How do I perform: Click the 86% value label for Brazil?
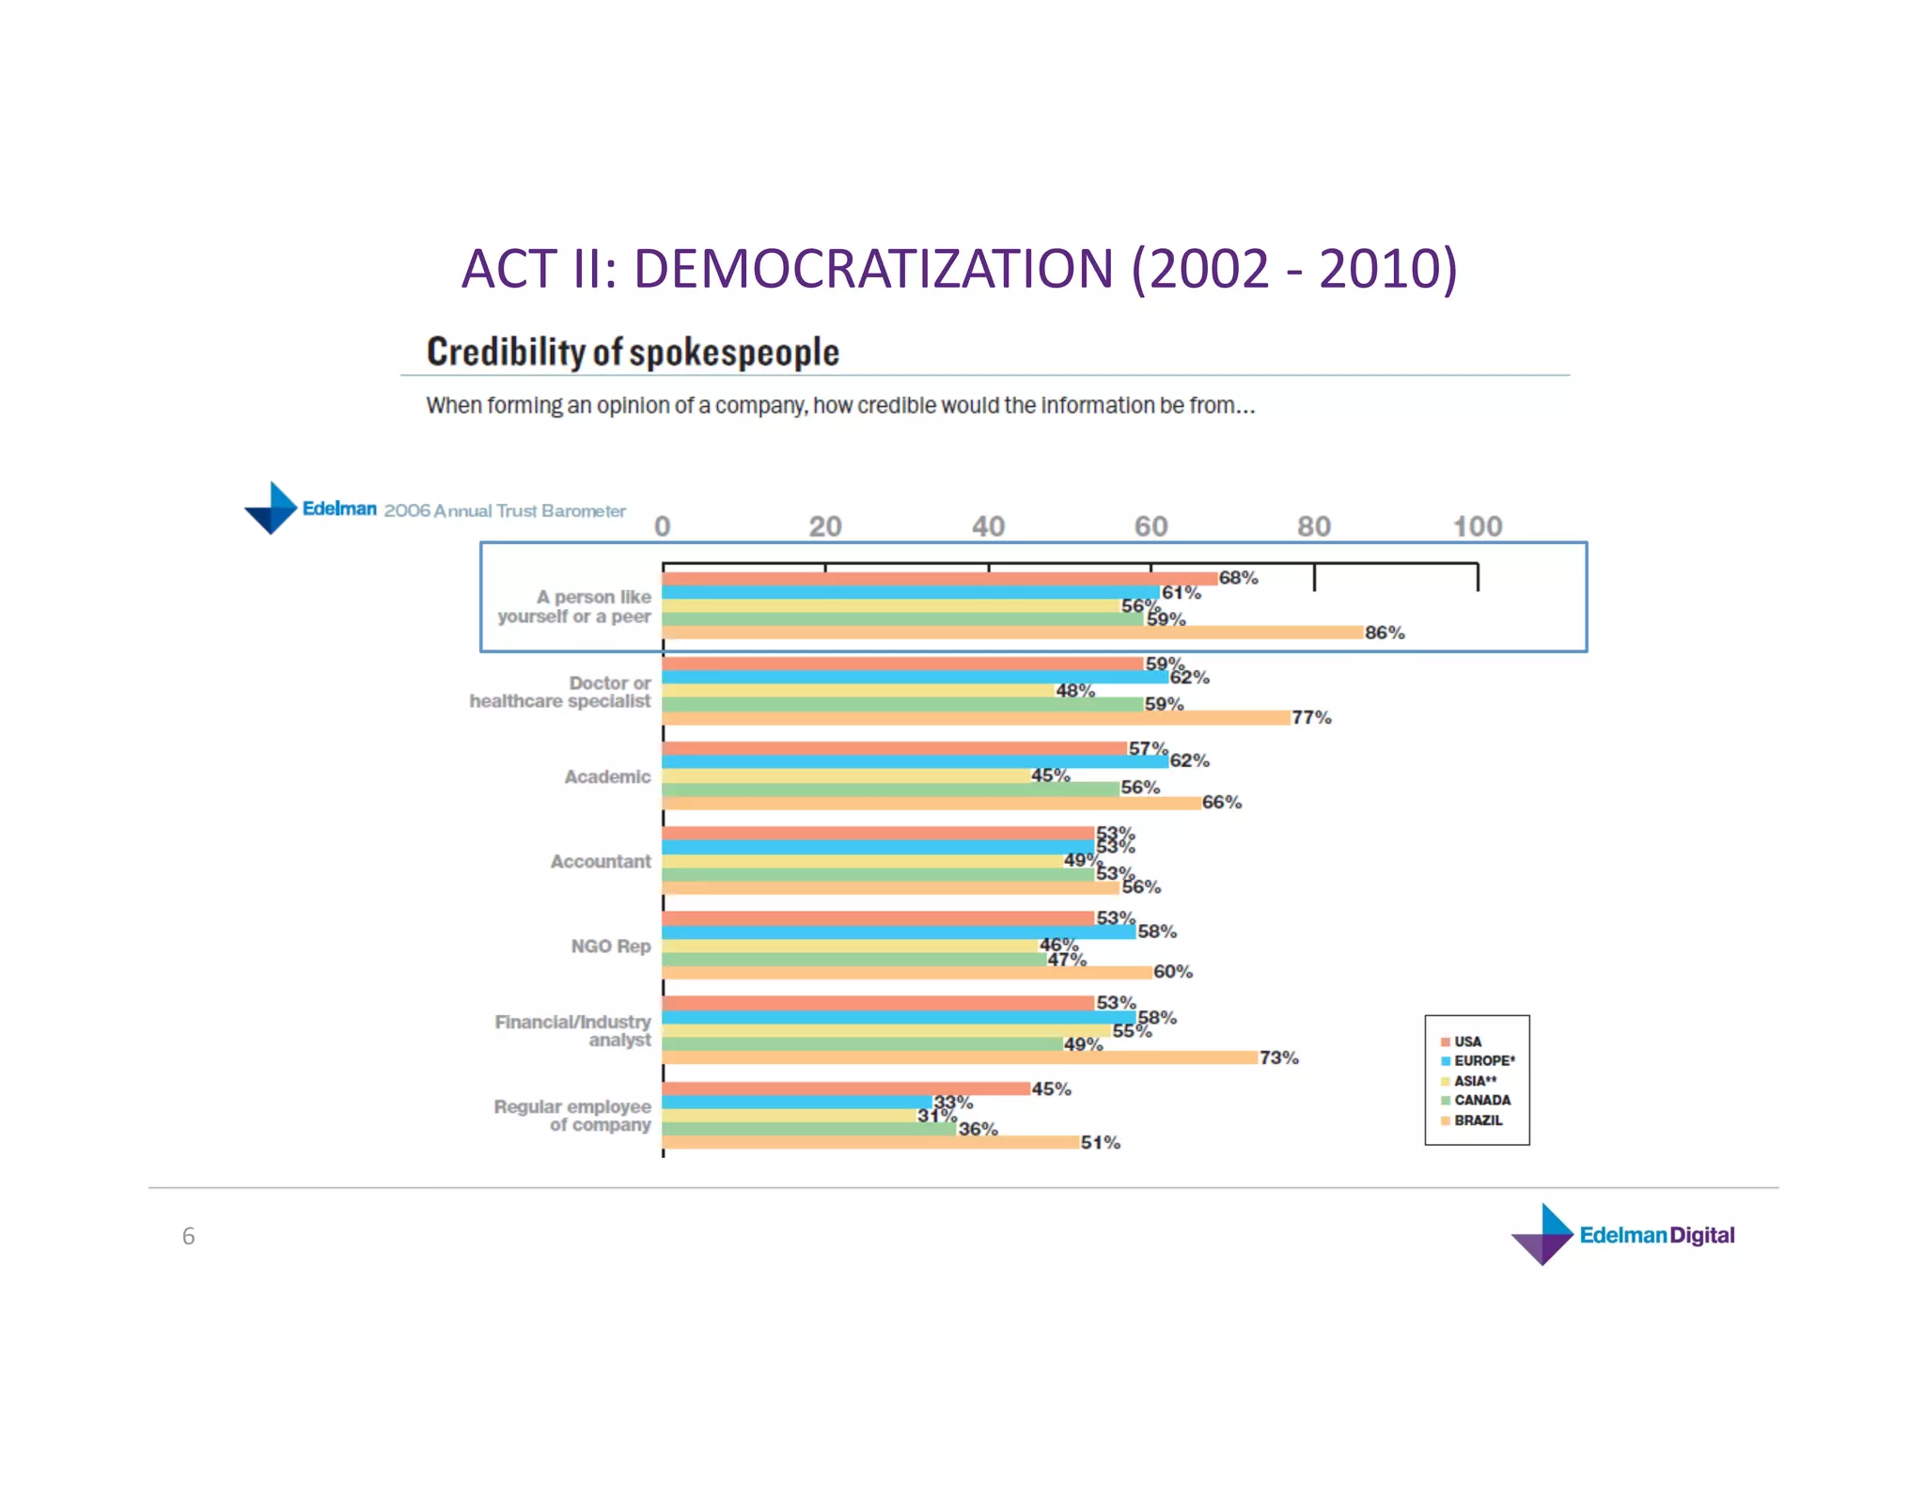click(x=1385, y=633)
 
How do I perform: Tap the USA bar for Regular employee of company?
click(x=846, y=1088)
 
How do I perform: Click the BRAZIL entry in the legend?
click(x=1478, y=1120)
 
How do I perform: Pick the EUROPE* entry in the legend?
click(x=1483, y=1060)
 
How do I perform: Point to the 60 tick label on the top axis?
click(x=1150, y=526)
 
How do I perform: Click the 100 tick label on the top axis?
click(x=1478, y=526)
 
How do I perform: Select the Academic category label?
click(x=607, y=776)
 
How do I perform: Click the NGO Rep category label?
click(x=610, y=946)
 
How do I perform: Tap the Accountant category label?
click(x=601, y=861)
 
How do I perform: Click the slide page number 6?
click(x=188, y=1236)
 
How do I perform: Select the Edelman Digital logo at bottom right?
click(x=1623, y=1235)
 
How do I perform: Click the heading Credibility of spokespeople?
click(x=633, y=352)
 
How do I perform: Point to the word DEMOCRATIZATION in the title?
click(x=874, y=269)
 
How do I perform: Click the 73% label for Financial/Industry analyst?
click(x=1278, y=1057)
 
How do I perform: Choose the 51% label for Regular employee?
click(x=1100, y=1142)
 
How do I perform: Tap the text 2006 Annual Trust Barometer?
click(x=505, y=510)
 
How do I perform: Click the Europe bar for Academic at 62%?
click(x=915, y=761)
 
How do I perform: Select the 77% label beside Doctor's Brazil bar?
click(x=1311, y=717)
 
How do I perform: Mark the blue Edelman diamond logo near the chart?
click(x=271, y=509)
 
